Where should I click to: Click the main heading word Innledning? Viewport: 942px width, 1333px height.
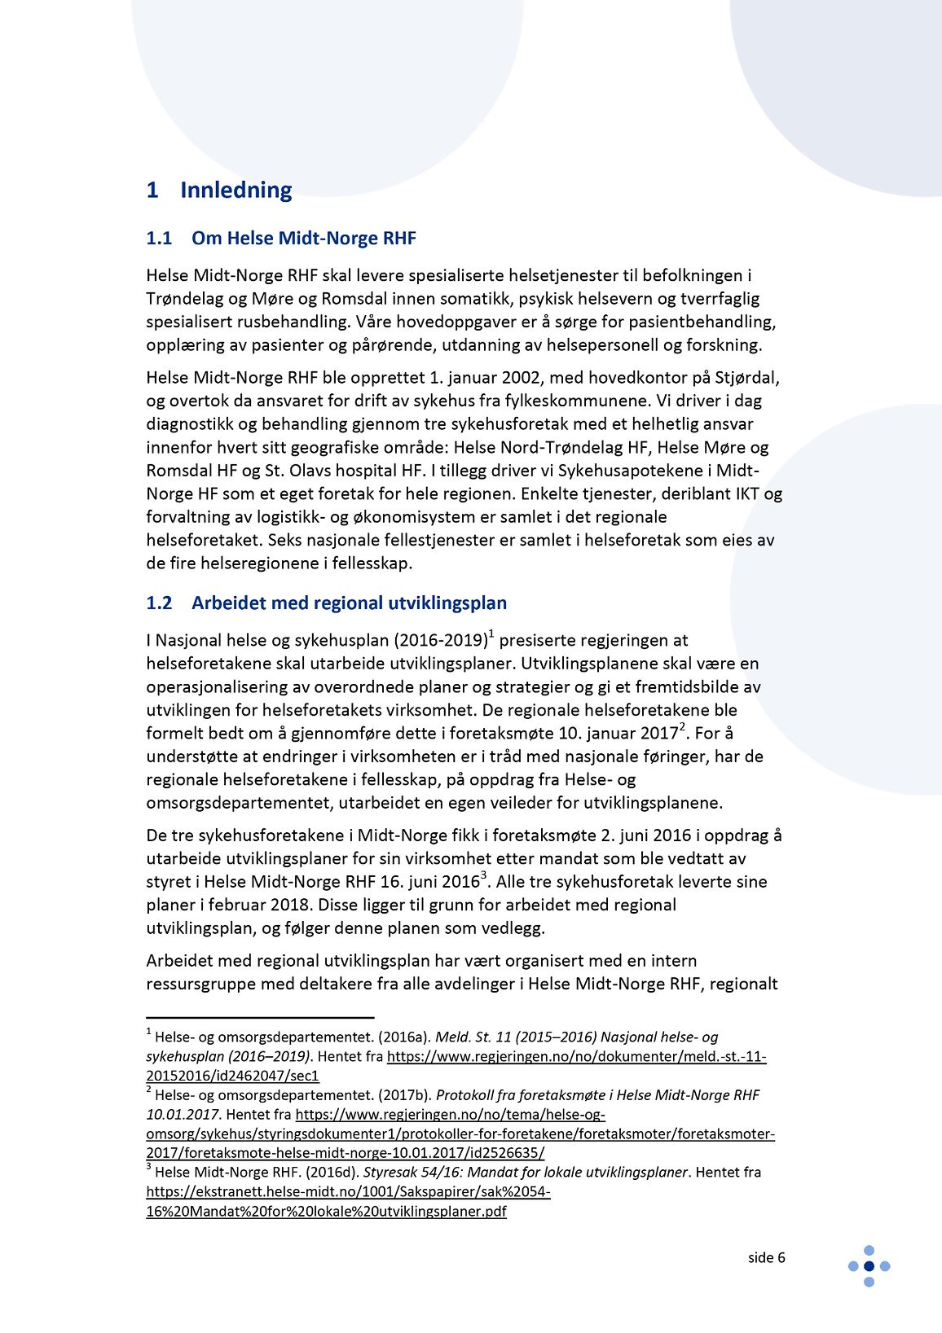(236, 190)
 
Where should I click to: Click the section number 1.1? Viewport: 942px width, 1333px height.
(159, 239)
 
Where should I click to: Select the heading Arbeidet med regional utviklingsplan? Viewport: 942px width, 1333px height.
(349, 603)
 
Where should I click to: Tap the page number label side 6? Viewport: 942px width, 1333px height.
(766, 1258)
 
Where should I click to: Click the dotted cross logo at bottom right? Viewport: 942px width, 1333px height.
(869, 1266)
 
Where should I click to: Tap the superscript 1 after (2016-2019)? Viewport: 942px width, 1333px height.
(491, 634)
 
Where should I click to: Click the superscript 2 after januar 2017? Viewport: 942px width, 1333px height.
(683, 726)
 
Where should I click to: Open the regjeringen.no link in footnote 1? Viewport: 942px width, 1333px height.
(576, 1057)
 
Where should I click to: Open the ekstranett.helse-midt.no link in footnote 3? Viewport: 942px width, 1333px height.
(348, 1192)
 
